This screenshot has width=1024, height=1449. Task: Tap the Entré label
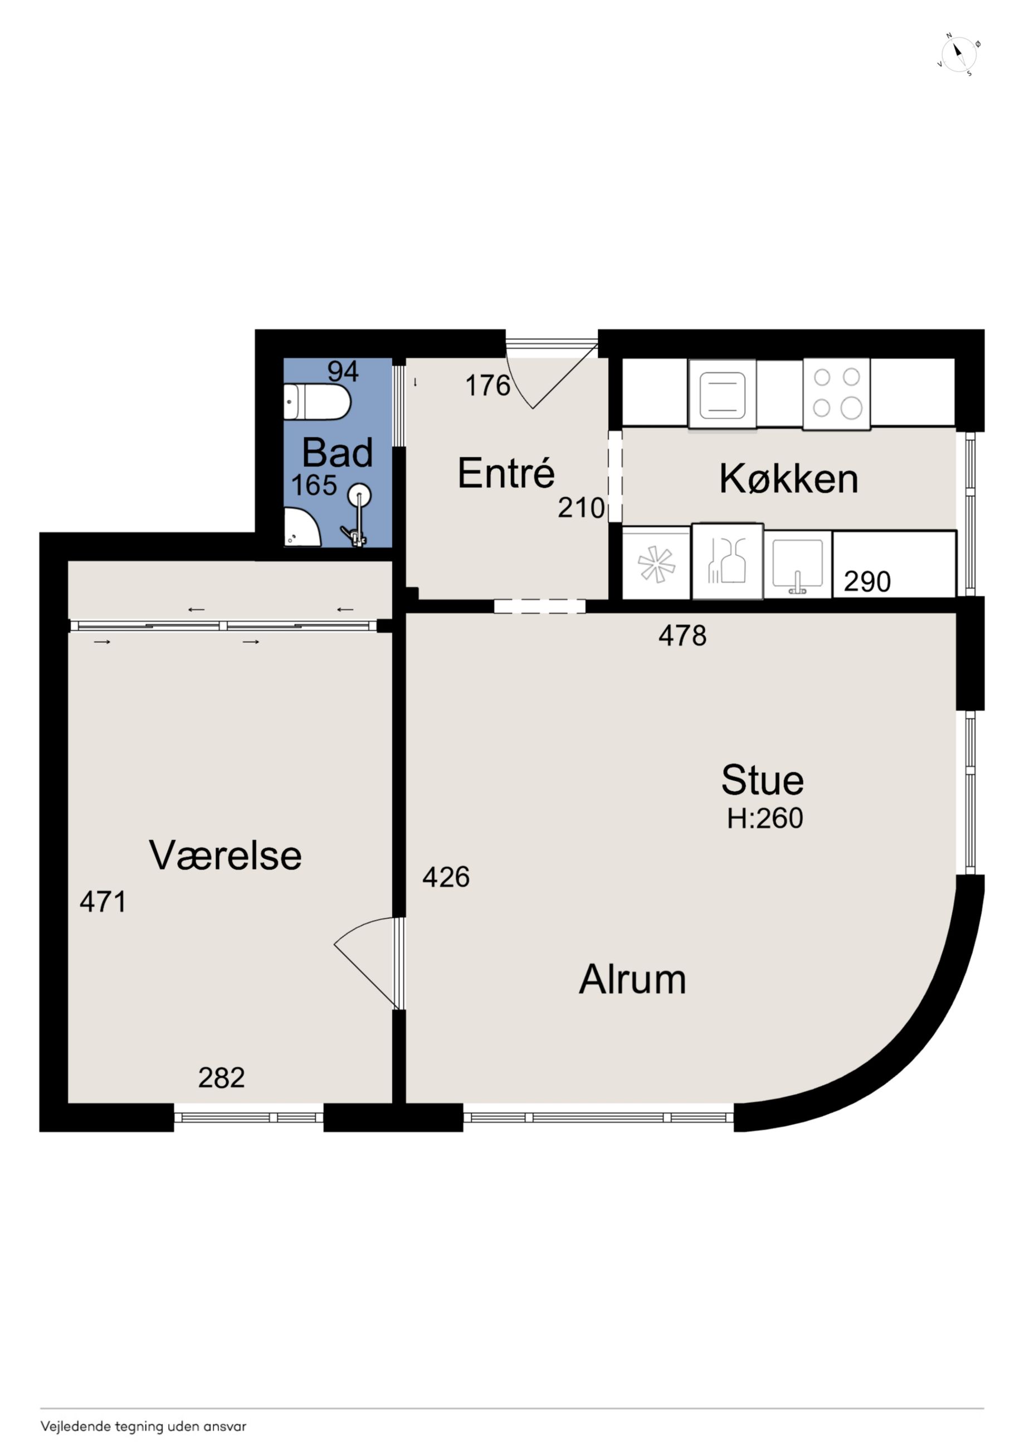click(506, 473)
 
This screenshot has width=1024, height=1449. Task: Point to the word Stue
click(762, 780)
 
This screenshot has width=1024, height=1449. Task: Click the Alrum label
click(632, 979)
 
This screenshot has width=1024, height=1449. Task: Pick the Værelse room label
click(225, 855)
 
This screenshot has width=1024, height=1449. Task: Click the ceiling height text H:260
click(765, 819)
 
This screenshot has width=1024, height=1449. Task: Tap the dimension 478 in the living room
click(682, 635)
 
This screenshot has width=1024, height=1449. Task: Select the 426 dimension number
click(446, 877)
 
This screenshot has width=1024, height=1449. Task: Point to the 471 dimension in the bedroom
click(103, 902)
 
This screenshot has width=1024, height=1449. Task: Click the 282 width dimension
click(221, 1077)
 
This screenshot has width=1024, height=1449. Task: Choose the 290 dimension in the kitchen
click(867, 581)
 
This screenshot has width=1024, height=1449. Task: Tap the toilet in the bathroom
click(317, 401)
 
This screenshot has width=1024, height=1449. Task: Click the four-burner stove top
click(836, 394)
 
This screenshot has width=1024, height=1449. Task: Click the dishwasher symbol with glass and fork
click(728, 561)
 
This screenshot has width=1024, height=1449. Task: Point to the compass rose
click(958, 54)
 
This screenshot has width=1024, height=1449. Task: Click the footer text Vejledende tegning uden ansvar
click(143, 1426)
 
